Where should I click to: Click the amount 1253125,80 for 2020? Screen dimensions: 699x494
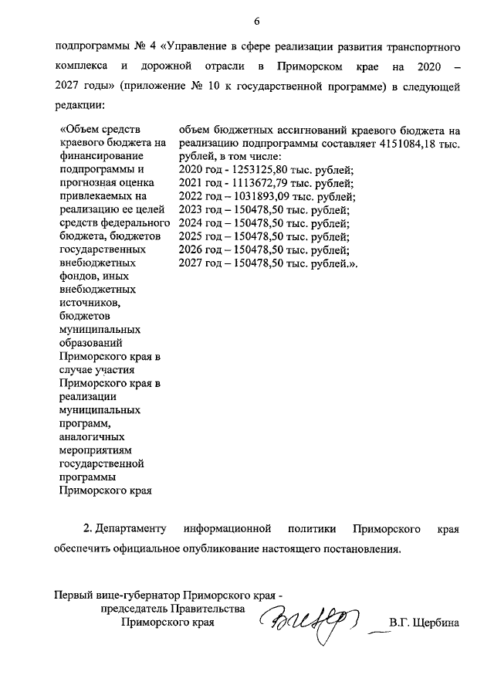point(259,169)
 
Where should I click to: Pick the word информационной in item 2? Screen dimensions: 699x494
point(228,529)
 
